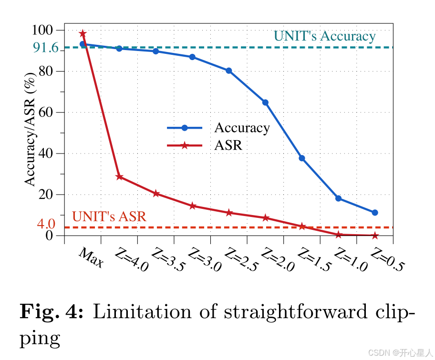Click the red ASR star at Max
(83, 33)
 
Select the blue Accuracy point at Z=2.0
(265, 103)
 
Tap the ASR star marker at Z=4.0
(119, 177)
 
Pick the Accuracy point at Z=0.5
(375, 213)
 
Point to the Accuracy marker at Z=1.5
(302, 158)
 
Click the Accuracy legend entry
(241, 128)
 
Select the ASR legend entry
(228, 145)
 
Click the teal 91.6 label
(45, 48)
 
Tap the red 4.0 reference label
(46, 224)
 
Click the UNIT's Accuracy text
(324, 36)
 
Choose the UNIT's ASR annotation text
(109, 216)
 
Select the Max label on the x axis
(91, 257)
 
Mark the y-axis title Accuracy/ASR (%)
(31, 129)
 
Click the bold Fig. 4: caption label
(52, 312)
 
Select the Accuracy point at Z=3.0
(192, 57)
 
